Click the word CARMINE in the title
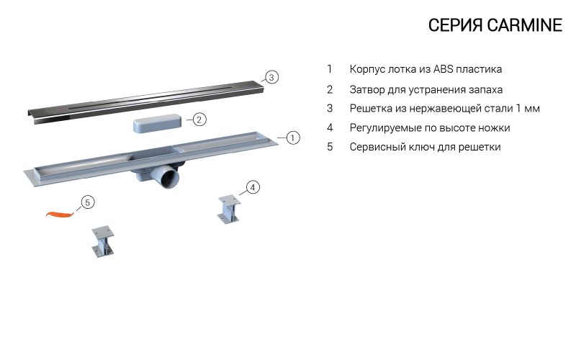[x=525, y=25]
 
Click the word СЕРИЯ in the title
[x=455, y=25]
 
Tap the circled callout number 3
[x=271, y=77]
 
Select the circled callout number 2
[x=199, y=120]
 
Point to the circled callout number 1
[x=292, y=138]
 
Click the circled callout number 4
[x=253, y=187]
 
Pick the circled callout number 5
[x=87, y=202]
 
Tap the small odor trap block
[x=157, y=122]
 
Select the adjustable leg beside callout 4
[x=228, y=210]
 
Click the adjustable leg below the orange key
[x=102, y=241]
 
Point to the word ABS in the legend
[x=443, y=69]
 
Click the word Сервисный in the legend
[x=374, y=147]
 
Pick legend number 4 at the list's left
[x=330, y=128]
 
